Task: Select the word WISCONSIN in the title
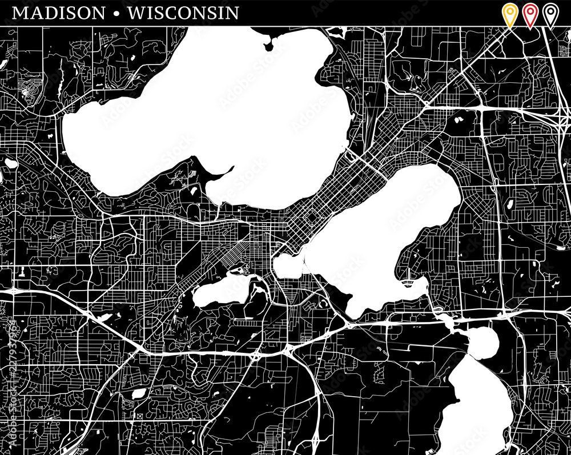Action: [183, 13]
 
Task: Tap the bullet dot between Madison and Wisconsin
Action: [117, 13]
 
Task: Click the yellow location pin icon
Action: [509, 14]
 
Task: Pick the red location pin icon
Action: [530, 14]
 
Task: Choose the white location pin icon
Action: [550, 14]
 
